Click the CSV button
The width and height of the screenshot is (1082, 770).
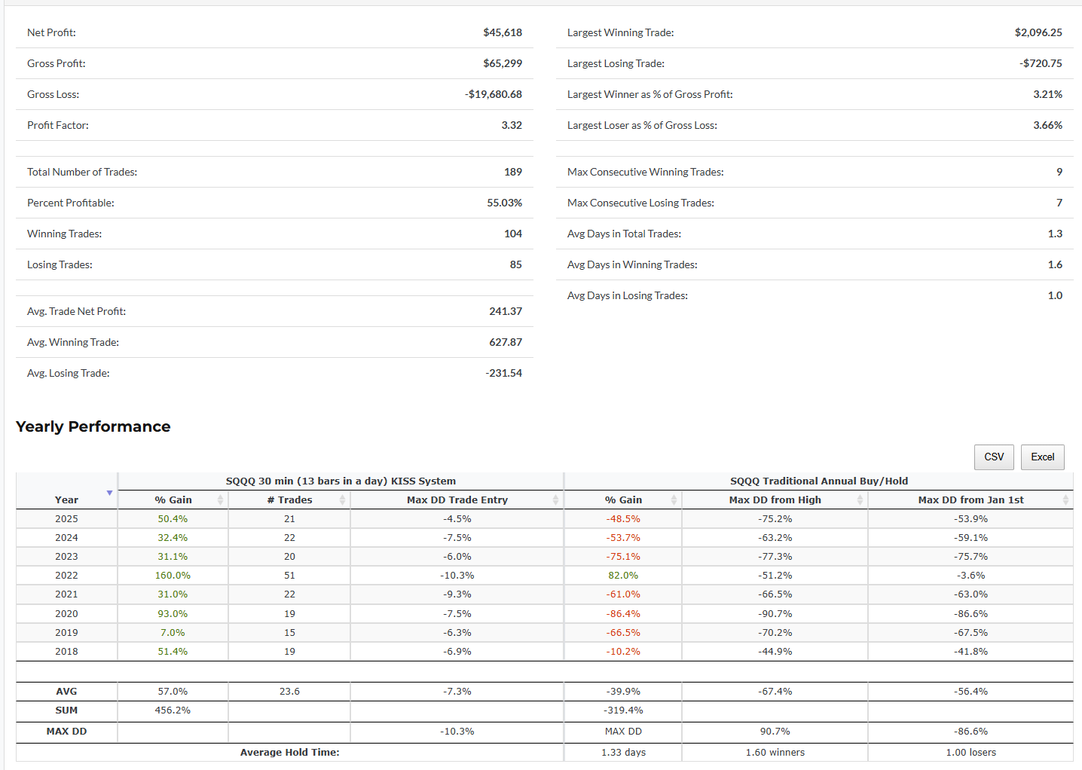coord(994,457)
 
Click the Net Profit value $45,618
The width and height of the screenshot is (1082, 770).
coord(502,32)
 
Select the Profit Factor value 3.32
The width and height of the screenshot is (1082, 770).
coord(511,125)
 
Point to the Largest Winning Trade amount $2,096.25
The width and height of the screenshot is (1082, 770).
coord(1038,32)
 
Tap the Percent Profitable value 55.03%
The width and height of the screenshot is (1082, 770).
coord(504,203)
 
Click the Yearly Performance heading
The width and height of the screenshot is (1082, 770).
coord(93,426)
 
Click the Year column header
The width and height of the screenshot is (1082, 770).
coord(66,500)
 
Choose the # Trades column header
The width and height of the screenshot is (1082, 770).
coord(289,500)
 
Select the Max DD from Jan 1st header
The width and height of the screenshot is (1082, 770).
coord(970,500)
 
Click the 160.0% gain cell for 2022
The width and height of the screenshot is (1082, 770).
coord(173,575)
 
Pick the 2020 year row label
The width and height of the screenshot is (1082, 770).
coord(66,613)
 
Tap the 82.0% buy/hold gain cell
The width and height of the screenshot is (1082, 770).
coord(623,575)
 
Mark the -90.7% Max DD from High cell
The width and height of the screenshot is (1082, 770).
coord(775,613)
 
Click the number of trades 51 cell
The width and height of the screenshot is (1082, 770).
coord(289,575)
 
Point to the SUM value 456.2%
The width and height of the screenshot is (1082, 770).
coord(173,710)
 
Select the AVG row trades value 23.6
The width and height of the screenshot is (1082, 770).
coord(289,691)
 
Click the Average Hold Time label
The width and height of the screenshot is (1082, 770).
coord(289,752)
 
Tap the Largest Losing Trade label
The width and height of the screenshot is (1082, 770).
coord(616,63)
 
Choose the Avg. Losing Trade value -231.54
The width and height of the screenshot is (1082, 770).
coord(503,373)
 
